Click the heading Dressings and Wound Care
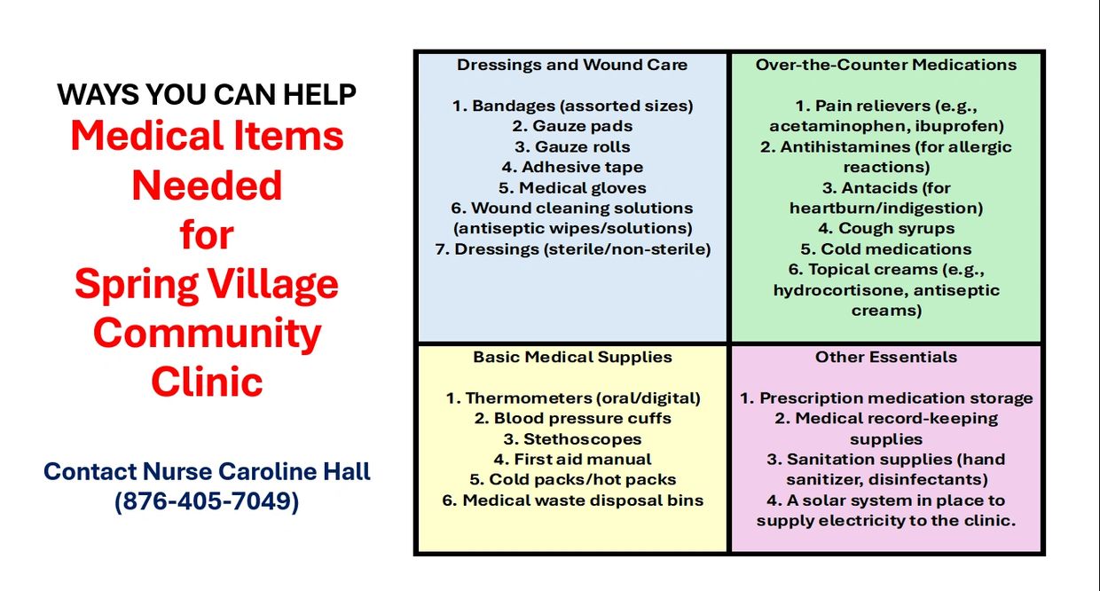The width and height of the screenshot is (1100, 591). point(572,65)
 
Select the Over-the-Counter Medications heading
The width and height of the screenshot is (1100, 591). point(886,65)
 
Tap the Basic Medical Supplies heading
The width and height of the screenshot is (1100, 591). point(572,357)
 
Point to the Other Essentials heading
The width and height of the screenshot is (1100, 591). point(886,357)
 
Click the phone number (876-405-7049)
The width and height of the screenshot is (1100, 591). point(207,501)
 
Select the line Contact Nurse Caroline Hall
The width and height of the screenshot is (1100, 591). point(207,471)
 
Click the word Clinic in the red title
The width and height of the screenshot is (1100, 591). point(207,382)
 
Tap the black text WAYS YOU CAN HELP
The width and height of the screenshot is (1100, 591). point(207,93)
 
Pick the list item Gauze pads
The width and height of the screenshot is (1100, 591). point(572,126)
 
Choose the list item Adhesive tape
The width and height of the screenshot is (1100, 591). point(572,167)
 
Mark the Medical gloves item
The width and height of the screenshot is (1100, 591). point(572,187)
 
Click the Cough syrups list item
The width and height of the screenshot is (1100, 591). point(886,228)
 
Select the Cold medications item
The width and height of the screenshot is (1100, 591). point(886,248)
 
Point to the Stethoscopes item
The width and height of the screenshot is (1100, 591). point(572,438)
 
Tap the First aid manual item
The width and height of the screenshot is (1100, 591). point(572,459)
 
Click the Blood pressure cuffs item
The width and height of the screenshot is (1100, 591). point(572,418)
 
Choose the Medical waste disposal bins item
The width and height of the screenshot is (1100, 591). point(572,500)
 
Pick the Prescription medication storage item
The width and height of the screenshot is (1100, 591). point(886,398)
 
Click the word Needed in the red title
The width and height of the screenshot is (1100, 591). point(207,185)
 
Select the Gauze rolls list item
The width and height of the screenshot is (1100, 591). point(572,146)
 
